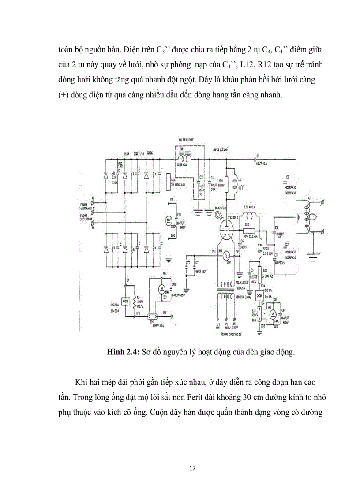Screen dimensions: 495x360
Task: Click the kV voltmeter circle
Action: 168,220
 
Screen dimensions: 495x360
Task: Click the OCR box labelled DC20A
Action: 125,301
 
